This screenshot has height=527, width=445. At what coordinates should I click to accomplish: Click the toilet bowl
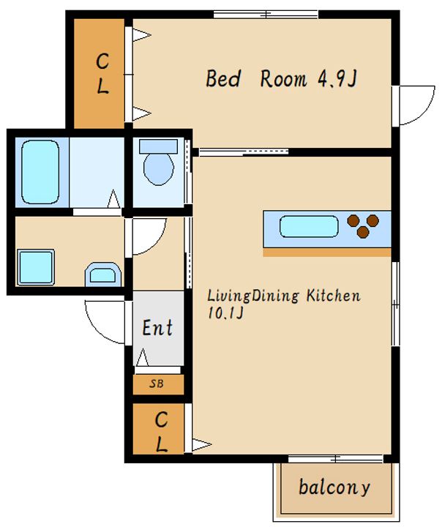click(159, 169)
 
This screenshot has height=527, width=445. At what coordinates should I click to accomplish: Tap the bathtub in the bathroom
click(40, 172)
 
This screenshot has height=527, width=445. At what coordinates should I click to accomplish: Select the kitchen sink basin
click(309, 226)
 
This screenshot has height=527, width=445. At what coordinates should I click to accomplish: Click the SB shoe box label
click(157, 384)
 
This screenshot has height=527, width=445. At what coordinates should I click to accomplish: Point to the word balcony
click(334, 487)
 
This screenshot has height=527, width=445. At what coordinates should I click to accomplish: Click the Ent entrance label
click(157, 328)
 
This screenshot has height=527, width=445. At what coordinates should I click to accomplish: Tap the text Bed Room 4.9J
click(281, 78)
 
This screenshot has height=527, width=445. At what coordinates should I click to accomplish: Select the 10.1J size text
click(225, 313)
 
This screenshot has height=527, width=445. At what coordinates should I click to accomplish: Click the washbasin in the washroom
click(103, 274)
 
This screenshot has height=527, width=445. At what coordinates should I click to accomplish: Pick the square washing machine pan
click(36, 267)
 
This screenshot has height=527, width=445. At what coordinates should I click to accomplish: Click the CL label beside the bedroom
click(102, 74)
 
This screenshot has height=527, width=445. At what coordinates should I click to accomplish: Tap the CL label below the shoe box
click(161, 431)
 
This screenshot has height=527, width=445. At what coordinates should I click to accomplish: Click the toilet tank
click(158, 146)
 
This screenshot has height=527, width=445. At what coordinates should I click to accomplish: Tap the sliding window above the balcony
click(335, 459)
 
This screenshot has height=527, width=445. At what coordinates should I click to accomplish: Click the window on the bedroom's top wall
click(266, 15)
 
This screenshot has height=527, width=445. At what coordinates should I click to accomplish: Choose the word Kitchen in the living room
click(333, 296)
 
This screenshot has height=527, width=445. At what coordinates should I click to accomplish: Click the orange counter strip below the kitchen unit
click(326, 253)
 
